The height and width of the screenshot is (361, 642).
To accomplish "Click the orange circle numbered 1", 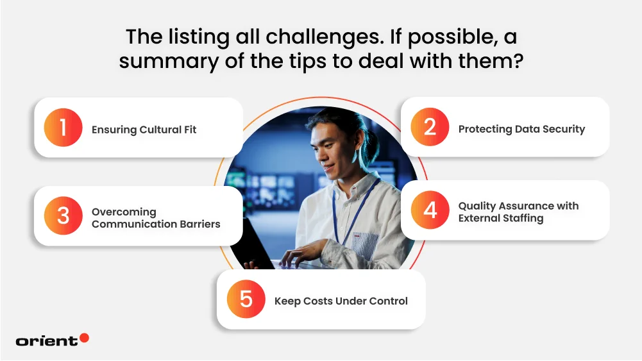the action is click(63, 128).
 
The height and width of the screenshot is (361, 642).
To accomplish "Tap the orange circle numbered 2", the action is click(430, 127).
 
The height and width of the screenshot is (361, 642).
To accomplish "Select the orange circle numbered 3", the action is click(63, 215).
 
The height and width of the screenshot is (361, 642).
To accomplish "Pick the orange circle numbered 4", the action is click(430, 210).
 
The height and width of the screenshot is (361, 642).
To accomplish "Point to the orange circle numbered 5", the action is click(246, 299).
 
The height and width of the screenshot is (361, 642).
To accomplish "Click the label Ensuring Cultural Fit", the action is click(144, 130).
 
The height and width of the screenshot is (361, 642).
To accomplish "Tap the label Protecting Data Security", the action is click(521, 130).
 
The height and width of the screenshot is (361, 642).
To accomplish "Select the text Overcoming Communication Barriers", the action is click(156, 218).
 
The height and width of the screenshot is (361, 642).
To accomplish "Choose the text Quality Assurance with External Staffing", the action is click(518, 212).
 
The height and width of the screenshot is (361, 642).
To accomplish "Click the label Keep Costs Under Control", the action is click(341, 301).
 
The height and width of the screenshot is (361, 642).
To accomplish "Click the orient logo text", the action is click(47, 341).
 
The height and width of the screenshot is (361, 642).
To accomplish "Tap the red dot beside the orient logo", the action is click(85, 338).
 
